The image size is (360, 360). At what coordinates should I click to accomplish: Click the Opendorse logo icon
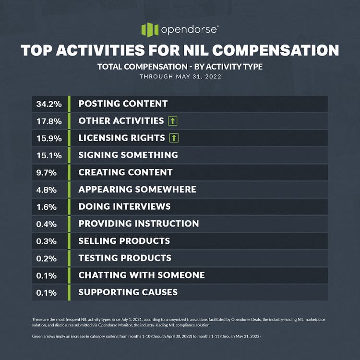(x=150, y=29)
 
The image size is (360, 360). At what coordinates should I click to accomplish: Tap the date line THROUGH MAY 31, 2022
(x=180, y=76)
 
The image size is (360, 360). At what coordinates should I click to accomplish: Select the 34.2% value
(x=47, y=104)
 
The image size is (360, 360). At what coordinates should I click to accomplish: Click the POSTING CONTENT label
(x=123, y=104)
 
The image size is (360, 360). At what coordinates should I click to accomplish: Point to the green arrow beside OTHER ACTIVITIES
(x=173, y=121)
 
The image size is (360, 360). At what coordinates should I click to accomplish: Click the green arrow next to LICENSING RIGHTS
(x=174, y=138)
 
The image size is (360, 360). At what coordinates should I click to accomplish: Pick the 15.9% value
(x=47, y=138)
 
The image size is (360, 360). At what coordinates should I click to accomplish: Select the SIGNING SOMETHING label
(x=128, y=155)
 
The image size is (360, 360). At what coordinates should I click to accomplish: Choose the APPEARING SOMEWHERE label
(x=137, y=190)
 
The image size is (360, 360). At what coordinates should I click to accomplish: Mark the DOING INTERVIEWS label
(x=124, y=206)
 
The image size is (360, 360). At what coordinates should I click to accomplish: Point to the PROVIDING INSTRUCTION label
(x=139, y=224)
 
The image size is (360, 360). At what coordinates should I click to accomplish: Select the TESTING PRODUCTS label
(x=125, y=258)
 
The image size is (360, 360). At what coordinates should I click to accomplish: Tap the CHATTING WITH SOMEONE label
(x=142, y=275)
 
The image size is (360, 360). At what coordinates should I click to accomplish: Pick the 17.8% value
(x=47, y=121)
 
